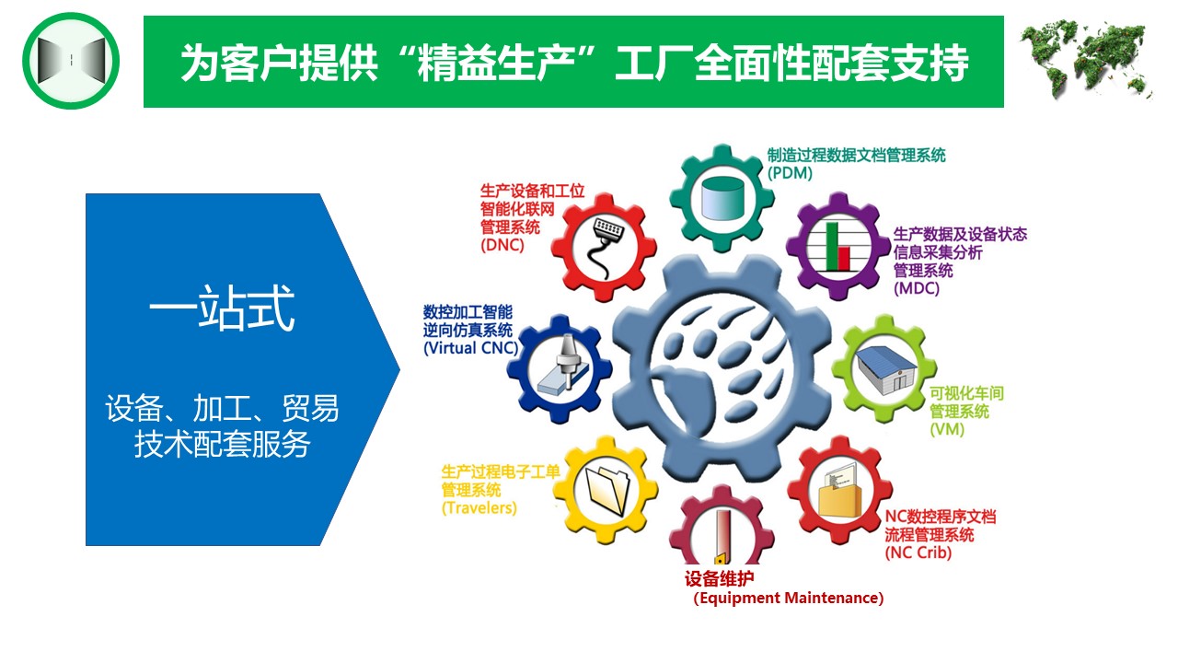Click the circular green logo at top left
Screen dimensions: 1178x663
pyautogui.click(x=71, y=61)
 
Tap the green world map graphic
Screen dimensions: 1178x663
pyautogui.click(x=1085, y=59)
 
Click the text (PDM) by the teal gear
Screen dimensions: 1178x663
pyautogui.click(x=790, y=173)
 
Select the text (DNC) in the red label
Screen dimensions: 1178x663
pyautogui.click(x=502, y=245)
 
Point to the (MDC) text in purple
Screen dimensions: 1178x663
pyautogui.click(x=916, y=288)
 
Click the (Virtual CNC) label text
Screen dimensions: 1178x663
pyautogui.click(x=470, y=348)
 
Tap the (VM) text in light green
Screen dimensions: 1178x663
pyautogui.click(x=947, y=429)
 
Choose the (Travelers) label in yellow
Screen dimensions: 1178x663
pyautogui.click(x=479, y=507)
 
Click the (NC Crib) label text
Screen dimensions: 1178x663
pyautogui.click(x=918, y=552)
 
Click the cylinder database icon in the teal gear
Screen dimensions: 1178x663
pyautogui.click(x=722, y=198)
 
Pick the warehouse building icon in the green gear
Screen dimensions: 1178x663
pyautogui.click(x=885, y=370)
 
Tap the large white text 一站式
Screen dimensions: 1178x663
pyautogui.click(x=222, y=308)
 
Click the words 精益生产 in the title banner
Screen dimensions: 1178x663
pyautogui.click(x=495, y=63)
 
